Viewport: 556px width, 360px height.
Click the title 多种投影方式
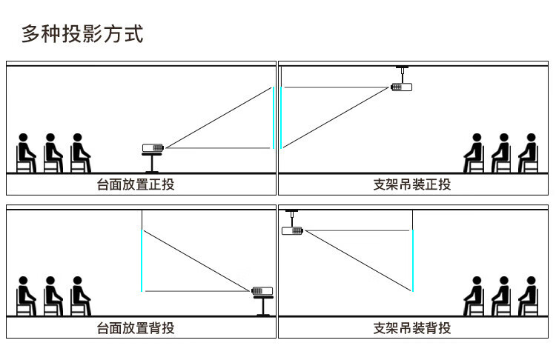(x=82, y=33)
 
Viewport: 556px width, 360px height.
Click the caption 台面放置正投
(x=136, y=184)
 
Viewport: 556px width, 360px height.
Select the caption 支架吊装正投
(x=412, y=184)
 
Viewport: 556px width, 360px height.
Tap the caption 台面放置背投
(x=136, y=328)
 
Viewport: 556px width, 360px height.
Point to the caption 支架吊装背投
(x=412, y=328)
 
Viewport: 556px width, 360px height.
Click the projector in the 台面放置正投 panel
(x=153, y=147)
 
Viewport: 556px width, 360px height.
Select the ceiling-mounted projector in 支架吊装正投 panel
(x=401, y=87)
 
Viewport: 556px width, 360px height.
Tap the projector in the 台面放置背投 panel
(x=262, y=291)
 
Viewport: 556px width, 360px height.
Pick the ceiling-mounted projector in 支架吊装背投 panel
(x=293, y=230)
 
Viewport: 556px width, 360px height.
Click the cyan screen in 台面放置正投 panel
(x=274, y=118)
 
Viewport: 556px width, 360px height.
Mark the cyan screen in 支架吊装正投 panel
(x=281, y=118)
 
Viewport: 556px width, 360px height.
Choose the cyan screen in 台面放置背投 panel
(x=142, y=261)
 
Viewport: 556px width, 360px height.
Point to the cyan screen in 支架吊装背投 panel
(x=413, y=261)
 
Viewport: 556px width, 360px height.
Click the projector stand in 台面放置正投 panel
(x=152, y=163)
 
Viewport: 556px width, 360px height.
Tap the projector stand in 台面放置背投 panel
(x=263, y=306)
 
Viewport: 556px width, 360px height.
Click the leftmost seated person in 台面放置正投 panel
(x=26, y=153)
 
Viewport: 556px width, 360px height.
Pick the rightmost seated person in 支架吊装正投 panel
(x=529, y=153)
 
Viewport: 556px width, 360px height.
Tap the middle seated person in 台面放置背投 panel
(x=53, y=296)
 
